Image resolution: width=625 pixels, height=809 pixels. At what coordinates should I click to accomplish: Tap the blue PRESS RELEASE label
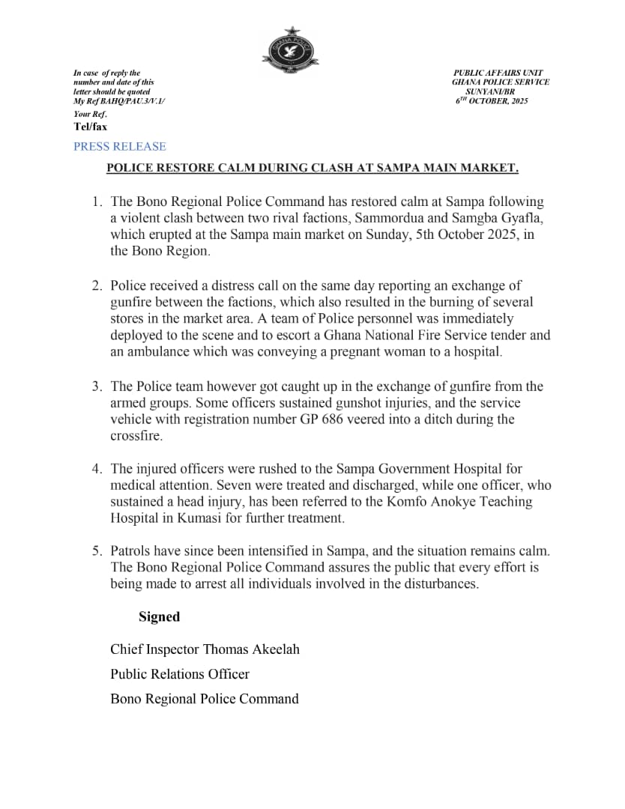point(120,147)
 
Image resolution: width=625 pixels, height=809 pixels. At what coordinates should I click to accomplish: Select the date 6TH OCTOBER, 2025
point(492,100)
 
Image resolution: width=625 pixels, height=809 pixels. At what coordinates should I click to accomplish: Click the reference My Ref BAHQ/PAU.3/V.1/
point(119,100)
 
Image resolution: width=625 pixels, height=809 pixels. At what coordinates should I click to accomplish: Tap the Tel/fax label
point(90,127)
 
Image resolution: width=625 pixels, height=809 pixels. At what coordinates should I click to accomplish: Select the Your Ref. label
point(90,115)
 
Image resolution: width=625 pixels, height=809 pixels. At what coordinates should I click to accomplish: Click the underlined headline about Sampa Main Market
point(312,169)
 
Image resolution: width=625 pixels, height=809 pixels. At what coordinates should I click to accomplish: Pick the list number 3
point(97,387)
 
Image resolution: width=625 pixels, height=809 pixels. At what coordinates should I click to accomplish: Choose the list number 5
point(97,551)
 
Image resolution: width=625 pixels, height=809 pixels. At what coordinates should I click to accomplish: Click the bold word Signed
point(159,616)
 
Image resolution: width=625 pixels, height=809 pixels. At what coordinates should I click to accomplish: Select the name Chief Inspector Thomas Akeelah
point(205,649)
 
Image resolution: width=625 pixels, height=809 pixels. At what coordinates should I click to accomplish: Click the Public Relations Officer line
point(180,673)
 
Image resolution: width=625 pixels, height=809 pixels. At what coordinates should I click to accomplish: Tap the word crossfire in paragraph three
point(136,436)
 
